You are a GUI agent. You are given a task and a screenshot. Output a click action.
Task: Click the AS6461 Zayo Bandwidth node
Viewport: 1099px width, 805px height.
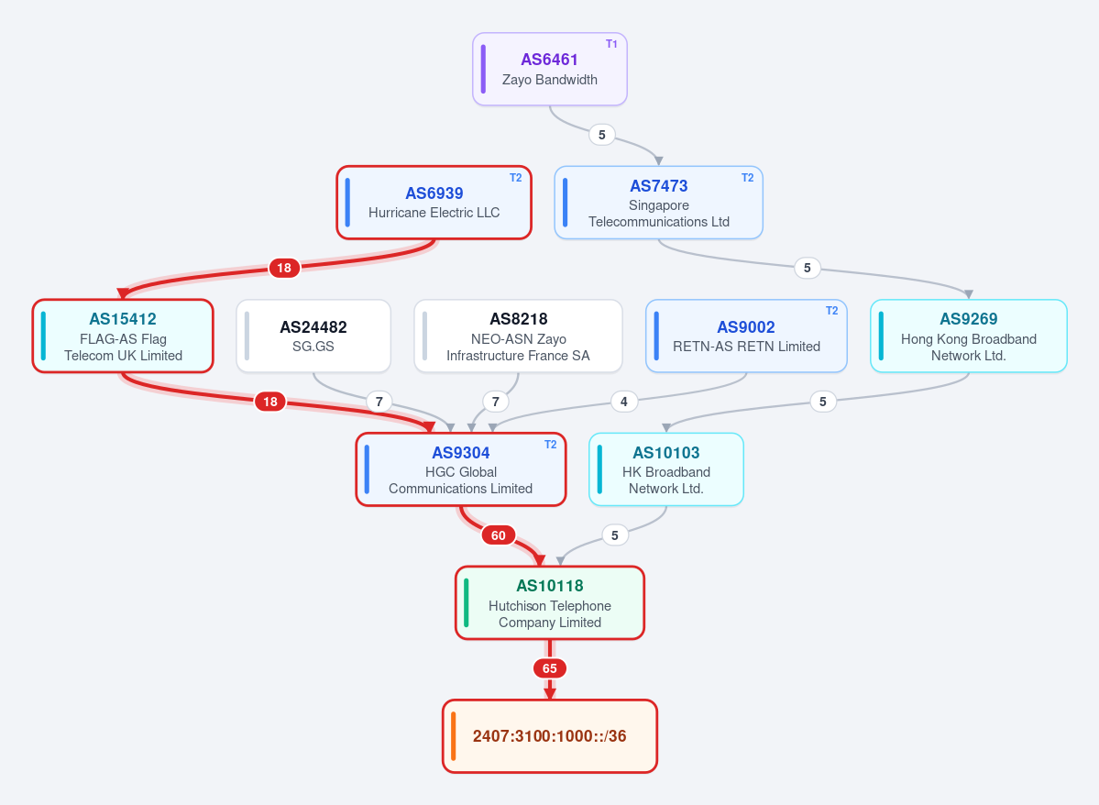550,70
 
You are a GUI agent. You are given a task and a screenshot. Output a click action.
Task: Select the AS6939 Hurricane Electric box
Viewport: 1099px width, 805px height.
434,203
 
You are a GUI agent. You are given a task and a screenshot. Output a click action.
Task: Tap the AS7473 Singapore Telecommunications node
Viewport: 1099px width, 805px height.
658,203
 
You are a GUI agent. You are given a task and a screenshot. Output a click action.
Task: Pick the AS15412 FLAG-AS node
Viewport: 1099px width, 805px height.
123,336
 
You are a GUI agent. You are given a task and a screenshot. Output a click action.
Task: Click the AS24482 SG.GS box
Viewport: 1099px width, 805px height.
313,336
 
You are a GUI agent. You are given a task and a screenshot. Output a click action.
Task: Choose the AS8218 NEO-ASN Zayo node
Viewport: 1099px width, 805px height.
518,336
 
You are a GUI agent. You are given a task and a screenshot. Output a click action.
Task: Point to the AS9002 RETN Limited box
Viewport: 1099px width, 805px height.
746,336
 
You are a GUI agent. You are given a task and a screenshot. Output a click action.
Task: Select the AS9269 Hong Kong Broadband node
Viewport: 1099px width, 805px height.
969,336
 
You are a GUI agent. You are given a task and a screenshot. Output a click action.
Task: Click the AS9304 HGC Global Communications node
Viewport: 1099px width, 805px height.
460,469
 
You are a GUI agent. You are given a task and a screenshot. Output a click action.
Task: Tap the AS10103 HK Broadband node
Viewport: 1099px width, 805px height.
665,469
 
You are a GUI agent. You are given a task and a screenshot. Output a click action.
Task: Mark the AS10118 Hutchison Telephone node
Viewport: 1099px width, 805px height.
550,603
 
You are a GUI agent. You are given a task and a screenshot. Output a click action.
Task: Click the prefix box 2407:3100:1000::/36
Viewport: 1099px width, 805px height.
550,736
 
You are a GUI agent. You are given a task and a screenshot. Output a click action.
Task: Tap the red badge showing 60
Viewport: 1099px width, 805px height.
499,535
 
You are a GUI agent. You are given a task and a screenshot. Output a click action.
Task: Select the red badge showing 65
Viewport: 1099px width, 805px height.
550,669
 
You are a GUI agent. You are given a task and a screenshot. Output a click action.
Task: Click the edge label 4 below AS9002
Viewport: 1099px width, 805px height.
624,402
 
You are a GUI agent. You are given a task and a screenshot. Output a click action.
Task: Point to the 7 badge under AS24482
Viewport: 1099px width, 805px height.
379,402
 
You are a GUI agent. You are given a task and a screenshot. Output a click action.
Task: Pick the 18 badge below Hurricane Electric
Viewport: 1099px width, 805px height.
284,268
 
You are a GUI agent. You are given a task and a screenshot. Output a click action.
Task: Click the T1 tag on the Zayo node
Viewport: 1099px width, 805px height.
611,43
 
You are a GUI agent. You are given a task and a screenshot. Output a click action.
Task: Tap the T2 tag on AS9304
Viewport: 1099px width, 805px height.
550,445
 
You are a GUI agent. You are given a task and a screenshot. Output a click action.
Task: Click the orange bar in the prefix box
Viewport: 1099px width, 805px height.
454,736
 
